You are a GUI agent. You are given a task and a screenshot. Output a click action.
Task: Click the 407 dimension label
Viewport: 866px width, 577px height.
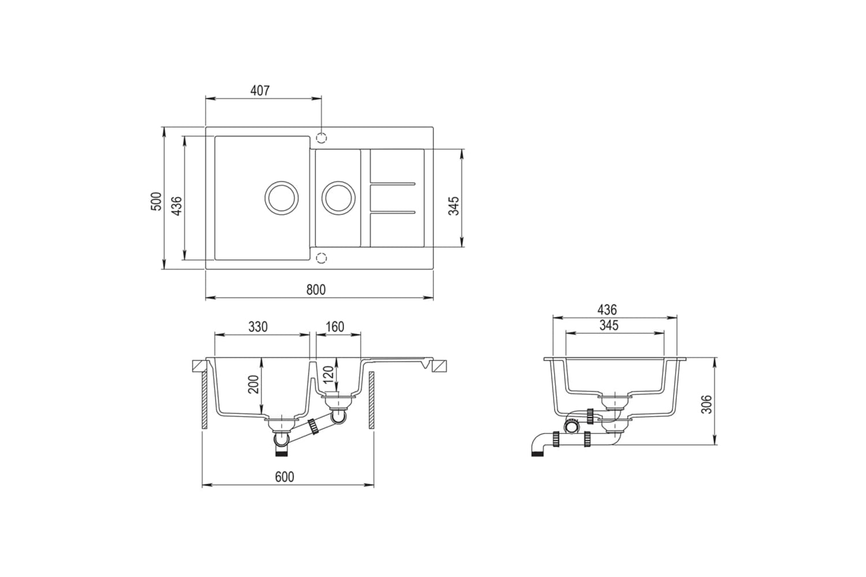(x=260, y=91)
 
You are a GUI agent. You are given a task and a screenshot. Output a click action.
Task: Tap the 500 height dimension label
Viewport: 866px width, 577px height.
(x=156, y=201)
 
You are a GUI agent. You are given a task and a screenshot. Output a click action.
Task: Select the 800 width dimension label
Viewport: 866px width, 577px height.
(x=316, y=290)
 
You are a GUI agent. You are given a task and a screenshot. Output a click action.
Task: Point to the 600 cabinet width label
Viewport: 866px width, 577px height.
(x=285, y=477)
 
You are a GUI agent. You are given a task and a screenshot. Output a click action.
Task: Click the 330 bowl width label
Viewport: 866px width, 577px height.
(x=258, y=327)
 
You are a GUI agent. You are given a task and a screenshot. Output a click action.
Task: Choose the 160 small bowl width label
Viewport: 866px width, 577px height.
(x=335, y=327)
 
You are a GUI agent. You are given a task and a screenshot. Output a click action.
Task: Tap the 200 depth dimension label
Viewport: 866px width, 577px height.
(x=253, y=384)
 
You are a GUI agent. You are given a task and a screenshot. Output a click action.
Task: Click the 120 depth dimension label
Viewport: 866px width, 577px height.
(x=329, y=374)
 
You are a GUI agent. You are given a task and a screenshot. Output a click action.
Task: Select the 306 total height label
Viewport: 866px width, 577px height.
(x=707, y=404)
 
